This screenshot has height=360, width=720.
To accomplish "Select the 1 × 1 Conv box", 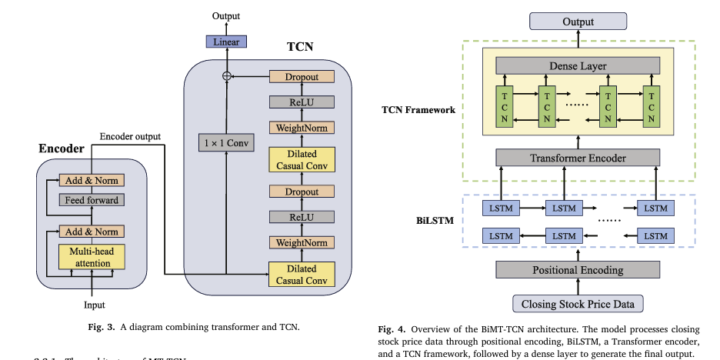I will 225,142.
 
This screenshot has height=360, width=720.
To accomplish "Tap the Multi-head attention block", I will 92,258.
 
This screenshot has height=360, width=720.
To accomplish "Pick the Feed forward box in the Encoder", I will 92,201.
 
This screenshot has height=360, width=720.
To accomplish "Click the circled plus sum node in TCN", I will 225,76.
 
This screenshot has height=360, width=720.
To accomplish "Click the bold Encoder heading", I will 62,147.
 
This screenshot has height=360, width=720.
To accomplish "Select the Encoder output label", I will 130,137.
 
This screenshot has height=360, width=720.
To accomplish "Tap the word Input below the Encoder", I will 94,305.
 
